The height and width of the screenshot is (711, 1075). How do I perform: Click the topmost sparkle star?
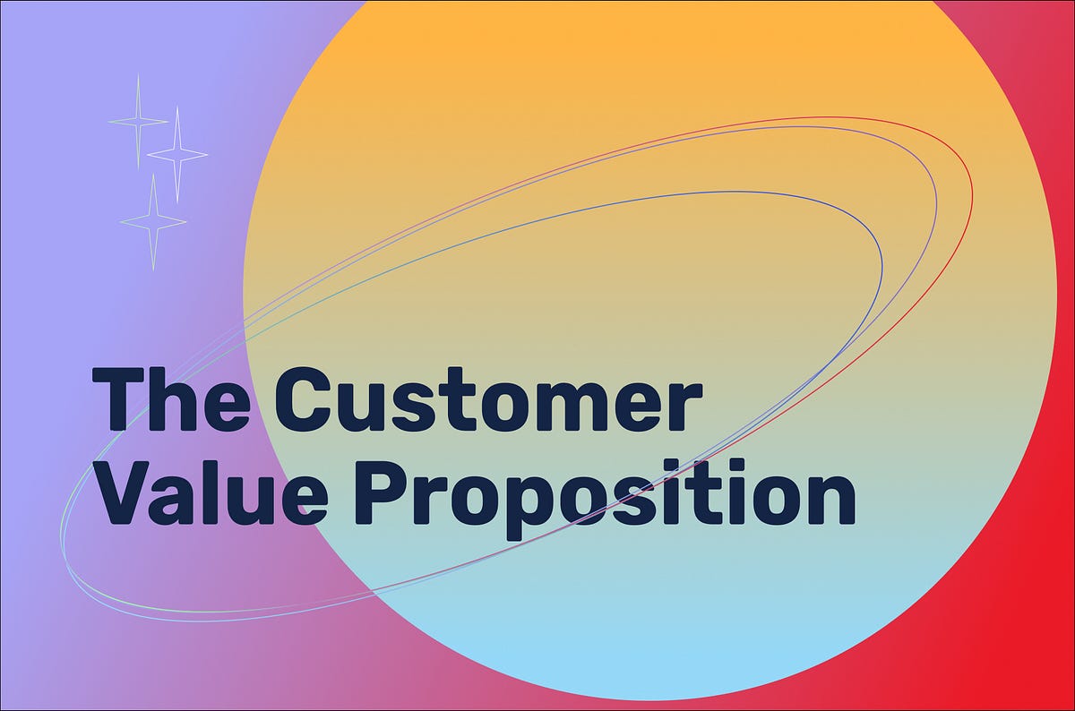pos(138,121)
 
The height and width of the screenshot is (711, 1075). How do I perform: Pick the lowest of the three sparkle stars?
pos(153,221)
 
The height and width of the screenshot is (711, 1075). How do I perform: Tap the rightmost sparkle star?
pos(177,154)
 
